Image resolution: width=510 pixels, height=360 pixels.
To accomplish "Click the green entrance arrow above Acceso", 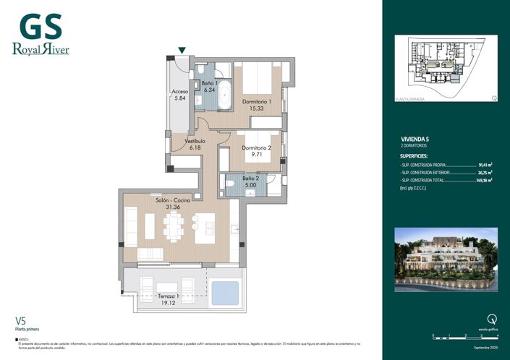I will (x=182, y=50).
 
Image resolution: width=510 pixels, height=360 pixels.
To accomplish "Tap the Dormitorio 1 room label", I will (x=256, y=102).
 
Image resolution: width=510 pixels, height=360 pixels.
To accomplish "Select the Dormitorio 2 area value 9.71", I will (x=256, y=154).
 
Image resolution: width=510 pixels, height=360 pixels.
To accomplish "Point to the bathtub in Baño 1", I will (x=224, y=95).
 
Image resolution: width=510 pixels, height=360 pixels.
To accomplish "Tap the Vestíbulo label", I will (x=195, y=141).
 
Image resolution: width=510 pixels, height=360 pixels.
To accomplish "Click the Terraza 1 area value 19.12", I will (x=169, y=304).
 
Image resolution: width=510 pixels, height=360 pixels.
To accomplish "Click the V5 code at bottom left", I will (x=21, y=320).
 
